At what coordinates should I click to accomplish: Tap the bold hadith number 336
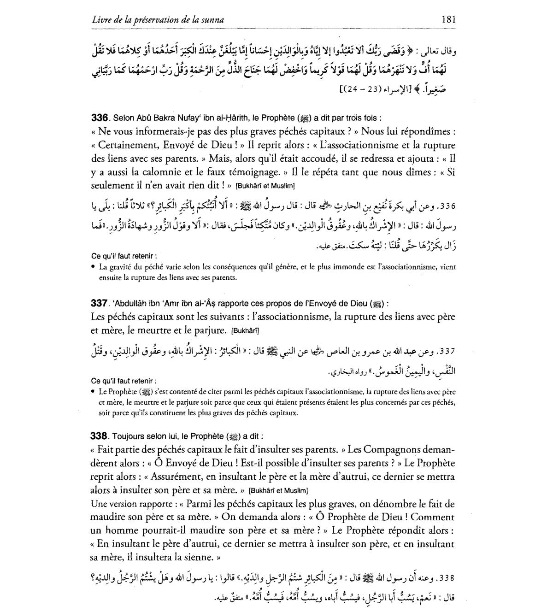99,118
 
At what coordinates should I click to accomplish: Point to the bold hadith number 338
99,435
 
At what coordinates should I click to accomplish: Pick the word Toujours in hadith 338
127,436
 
